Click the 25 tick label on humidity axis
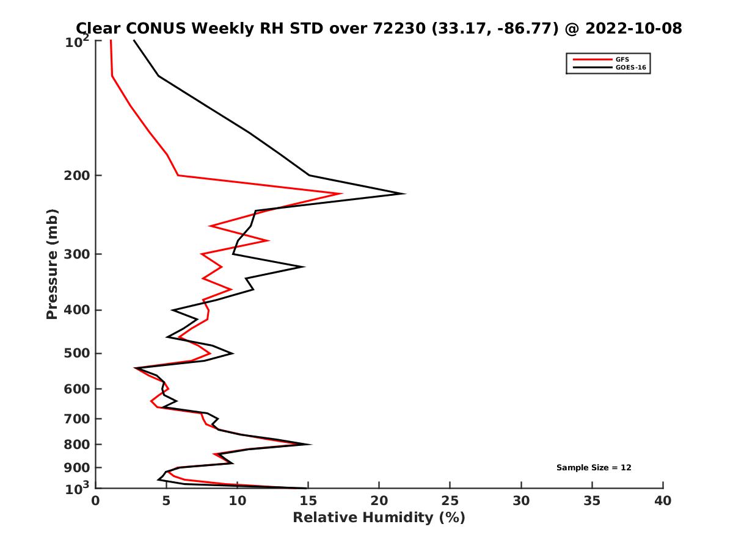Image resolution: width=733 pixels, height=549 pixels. pos(450,501)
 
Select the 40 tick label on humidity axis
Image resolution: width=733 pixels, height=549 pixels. pos(663,501)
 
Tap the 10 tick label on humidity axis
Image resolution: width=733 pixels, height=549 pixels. pos(237,501)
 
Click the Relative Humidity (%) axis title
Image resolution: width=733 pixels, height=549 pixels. pos(379,518)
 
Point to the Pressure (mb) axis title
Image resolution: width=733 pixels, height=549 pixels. pos(52,264)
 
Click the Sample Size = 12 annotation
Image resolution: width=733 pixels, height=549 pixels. pos(594,468)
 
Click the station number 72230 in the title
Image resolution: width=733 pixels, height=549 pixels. pos(400,29)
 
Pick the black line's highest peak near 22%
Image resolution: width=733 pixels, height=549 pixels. pos(404,194)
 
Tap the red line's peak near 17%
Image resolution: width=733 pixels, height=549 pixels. pos(341,194)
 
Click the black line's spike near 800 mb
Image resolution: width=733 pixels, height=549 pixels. pos(310,444)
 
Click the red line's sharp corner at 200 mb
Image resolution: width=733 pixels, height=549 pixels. pos(178,176)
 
